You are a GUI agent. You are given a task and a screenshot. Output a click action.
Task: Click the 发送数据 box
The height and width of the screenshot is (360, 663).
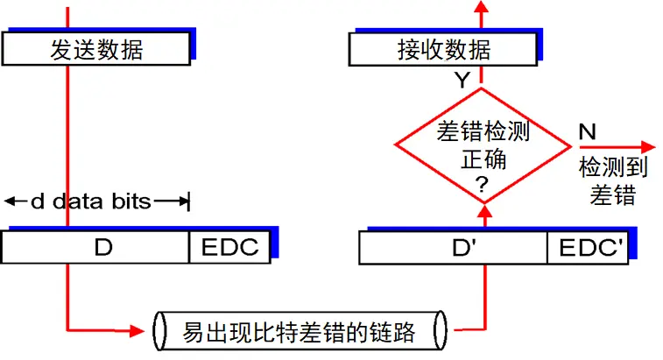coord(96,50)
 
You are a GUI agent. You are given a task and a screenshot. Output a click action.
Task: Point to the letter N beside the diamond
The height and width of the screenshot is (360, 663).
coord(588,132)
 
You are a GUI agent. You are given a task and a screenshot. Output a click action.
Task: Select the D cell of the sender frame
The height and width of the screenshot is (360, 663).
coord(103,248)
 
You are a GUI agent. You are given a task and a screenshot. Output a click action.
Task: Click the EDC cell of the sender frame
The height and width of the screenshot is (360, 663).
coord(230,248)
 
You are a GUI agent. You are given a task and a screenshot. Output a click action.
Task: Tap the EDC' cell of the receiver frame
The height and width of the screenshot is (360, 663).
coord(587,249)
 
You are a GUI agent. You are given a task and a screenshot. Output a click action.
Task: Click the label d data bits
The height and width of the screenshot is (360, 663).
coord(91,202)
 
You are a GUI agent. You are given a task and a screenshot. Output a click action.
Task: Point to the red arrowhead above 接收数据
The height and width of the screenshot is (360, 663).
coord(480,8)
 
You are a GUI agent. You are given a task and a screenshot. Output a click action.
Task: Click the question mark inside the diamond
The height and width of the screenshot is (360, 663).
coord(480,184)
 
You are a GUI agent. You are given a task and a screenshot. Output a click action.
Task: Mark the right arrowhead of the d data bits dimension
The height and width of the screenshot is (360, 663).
coord(183,202)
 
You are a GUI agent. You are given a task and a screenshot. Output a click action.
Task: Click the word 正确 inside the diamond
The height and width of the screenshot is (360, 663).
coord(480,160)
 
